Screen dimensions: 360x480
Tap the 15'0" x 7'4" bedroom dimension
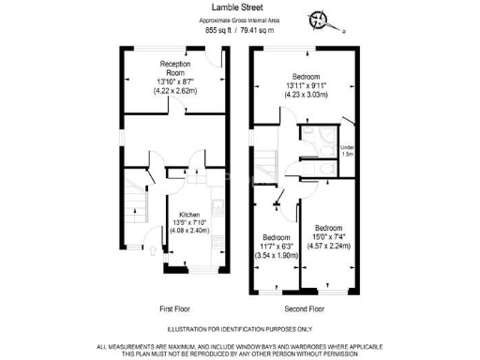(x=329, y=237)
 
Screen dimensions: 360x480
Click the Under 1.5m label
(x=347, y=151)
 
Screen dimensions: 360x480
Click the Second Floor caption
(x=304, y=307)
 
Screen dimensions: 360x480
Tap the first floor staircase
(x=137, y=202)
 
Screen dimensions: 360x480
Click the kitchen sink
(x=216, y=205)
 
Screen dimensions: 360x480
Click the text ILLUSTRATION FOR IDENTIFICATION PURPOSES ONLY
(x=240, y=329)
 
